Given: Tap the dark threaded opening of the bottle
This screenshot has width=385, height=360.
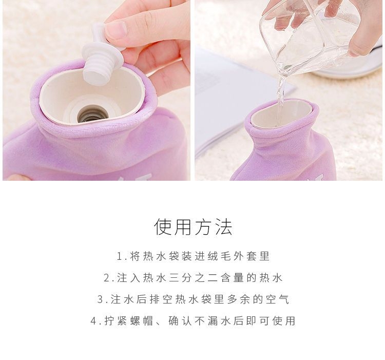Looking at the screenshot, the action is coord(93,114).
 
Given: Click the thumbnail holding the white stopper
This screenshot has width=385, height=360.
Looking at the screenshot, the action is coord(116,30).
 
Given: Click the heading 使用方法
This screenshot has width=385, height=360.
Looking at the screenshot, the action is coord(193,226).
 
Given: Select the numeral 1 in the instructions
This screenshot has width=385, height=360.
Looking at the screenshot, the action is coord(119,257).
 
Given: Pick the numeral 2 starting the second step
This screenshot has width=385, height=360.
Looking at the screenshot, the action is coord(107,278).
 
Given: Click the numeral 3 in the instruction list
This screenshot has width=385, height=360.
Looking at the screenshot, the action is coord(100,299).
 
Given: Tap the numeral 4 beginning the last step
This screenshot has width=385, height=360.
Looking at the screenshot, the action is coord(93,321).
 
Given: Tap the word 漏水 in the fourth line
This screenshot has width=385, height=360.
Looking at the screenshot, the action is coord(219,321).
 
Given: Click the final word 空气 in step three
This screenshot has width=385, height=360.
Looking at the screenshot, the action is coord(277,299).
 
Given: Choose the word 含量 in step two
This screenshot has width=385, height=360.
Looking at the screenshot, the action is coord(232,278).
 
